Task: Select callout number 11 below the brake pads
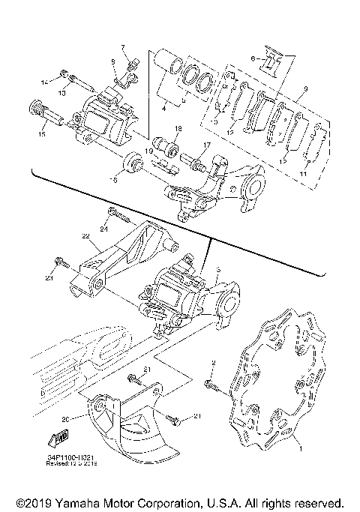pyautogui.click(x=304, y=173)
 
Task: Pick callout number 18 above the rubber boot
pyautogui.click(x=178, y=129)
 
